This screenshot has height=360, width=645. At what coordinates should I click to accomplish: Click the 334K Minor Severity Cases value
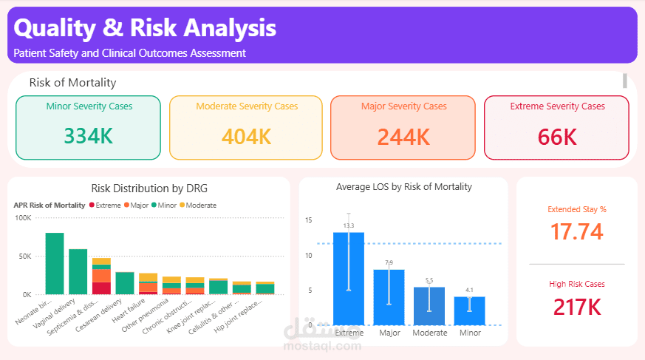pos(88,136)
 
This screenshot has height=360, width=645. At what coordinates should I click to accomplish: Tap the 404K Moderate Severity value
pos(246,137)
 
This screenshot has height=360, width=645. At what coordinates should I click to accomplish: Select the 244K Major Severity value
pos(403,137)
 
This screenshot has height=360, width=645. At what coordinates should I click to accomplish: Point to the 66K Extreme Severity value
pos(557,137)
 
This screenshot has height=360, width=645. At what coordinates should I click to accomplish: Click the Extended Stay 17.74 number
pos(577,232)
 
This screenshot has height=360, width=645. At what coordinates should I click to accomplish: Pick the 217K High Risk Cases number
pos(577,306)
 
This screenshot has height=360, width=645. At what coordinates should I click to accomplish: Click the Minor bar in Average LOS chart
pos(470,310)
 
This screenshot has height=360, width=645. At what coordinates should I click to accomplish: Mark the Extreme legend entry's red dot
pos(92,205)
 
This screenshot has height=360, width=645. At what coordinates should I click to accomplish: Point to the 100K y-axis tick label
pos(23,218)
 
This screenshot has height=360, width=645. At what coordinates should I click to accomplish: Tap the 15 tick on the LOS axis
pos(308,220)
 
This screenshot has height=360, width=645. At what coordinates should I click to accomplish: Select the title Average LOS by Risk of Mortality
pos(403,187)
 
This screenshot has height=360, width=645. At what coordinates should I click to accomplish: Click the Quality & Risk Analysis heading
pos(145,28)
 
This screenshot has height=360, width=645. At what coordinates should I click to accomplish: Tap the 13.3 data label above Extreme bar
pos(349,225)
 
